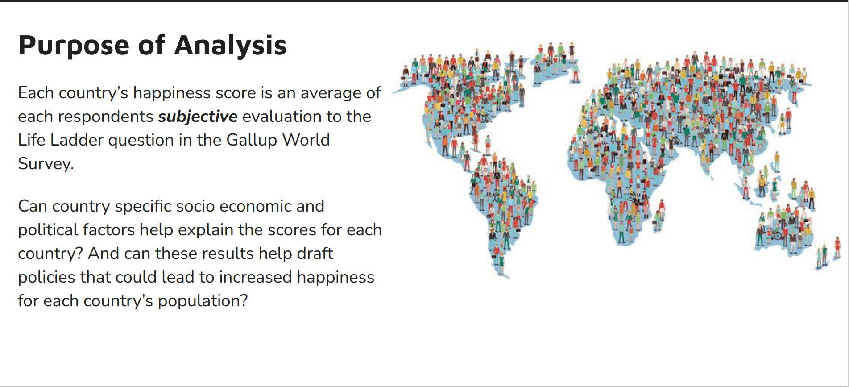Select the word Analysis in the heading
click(230, 46)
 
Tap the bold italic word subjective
click(198, 117)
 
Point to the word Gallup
click(252, 140)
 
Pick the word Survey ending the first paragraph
click(46, 164)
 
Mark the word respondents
click(106, 117)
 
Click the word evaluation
click(282, 117)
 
